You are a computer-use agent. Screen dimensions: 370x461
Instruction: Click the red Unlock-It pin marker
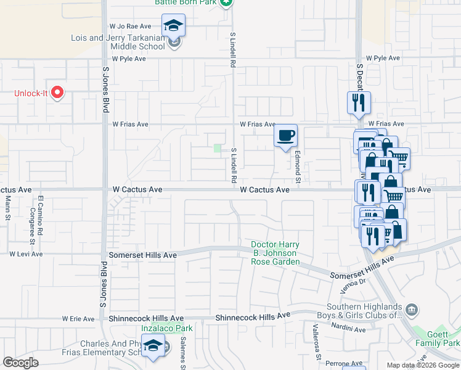[x=57, y=93]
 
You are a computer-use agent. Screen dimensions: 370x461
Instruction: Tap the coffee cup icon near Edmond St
[x=285, y=135]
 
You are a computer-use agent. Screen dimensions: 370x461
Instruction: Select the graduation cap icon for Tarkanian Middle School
[x=174, y=27]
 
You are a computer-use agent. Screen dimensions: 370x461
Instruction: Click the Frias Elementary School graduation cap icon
[x=153, y=347]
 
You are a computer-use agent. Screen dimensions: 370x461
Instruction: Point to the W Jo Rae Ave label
[x=130, y=27]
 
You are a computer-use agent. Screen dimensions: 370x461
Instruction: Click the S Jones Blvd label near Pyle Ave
[x=105, y=90]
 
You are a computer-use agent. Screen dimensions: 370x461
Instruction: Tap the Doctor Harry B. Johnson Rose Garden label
[x=275, y=253]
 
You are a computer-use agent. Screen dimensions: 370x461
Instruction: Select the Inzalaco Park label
[x=167, y=328]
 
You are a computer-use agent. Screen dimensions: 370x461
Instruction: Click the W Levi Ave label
[x=26, y=254]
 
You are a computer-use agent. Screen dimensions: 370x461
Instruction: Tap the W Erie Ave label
[x=78, y=319]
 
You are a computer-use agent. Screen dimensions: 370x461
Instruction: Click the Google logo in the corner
[x=20, y=363]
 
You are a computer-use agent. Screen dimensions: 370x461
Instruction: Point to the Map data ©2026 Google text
[x=422, y=365]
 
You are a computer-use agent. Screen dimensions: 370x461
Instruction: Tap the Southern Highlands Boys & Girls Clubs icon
[x=411, y=309]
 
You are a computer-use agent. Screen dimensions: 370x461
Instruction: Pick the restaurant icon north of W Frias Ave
[x=359, y=102]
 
